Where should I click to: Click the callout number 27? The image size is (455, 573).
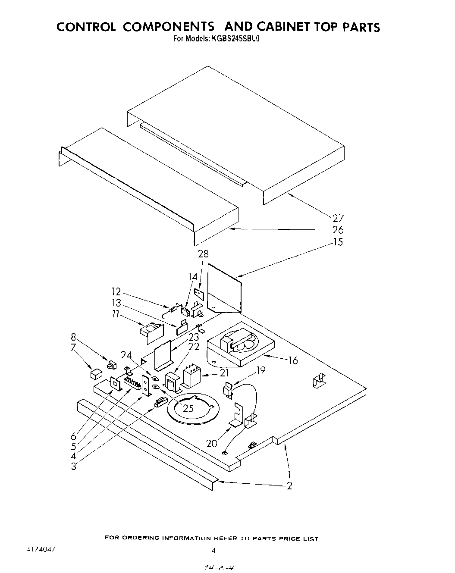tap(338, 218)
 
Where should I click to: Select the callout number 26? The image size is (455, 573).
tap(338, 230)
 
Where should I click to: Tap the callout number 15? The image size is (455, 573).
tap(338, 242)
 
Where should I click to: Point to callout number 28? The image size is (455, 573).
tap(204, 254)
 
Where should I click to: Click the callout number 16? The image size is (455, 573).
tap(293, 360)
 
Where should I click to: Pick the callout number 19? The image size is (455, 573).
tap(260, 370)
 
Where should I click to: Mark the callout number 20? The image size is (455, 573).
tap(212, 443)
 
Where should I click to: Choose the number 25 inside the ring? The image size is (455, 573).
tap(188, 408)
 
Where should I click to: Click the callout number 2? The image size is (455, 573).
tap(289, 486)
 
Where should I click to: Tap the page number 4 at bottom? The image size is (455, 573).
tap(213, 550)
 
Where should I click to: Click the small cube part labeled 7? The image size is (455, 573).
tap(96, 373)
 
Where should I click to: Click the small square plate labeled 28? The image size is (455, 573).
tap(199, 294)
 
